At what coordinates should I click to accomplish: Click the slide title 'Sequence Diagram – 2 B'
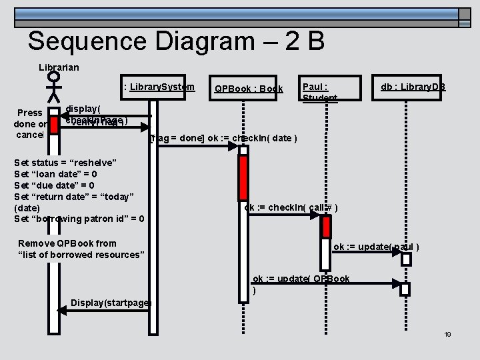[176, 41]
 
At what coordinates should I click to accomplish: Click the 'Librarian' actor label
[59, 67]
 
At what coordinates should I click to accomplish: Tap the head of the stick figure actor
[54, 78]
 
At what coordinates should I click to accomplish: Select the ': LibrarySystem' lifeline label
[159, 87]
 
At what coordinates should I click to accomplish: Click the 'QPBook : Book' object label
[248, 89]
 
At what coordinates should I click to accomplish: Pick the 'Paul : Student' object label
[320, 92]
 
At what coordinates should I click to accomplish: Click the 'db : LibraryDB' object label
[413, 87]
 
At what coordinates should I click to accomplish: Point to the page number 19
[447, 334]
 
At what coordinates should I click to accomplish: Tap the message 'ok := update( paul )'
[376, 247]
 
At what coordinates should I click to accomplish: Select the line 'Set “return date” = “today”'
[74, 196]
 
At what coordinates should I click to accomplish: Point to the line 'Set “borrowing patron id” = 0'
[79, 218]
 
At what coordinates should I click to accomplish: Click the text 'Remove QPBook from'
[67, 243]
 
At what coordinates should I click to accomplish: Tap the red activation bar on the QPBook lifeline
[243, 180]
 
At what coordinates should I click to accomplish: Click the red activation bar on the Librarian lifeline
[55, 125]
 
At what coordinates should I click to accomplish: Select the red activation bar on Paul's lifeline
[326, 227]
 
